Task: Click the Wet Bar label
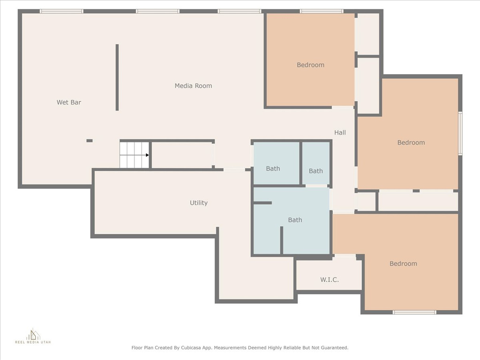pyautogui.click(x=69, y=102)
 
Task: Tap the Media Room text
pyautogui.click(x=193, y=86)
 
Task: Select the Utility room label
pyautogui.click(x=199, y=202)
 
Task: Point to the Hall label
pyautogui.click(x=340, y=133)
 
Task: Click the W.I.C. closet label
pyautogui.click(x=330, y=279)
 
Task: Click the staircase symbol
pyautogui.click(x=135, y=155)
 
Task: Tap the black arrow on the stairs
pyautogui.click(x=147, y=155)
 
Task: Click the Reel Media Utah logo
pyautogui.click(x=33, y=336)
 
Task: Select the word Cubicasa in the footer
pyautogui.click(x=193, y=348)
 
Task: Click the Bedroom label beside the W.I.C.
pyautogui.click(x=403, y=263)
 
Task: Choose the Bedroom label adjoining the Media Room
pyautogui.click(x=310, y=65)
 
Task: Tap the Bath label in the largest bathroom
pyautogui.click(x=295, y=220)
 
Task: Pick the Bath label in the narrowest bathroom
pyautogui.click(x=315, y=171)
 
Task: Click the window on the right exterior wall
pyautogui.click(x=460, y=134)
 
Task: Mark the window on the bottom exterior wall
pyautogui.click(x=414, y=312)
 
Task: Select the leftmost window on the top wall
pyautogui.click(x=61, y=11)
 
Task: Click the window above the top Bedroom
pyautogui.click(x=322, y=11)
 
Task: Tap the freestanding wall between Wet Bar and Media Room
pyautogui.click(x=117, y=77)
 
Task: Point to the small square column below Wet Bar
pyautogui.click(x=90, y=141)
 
